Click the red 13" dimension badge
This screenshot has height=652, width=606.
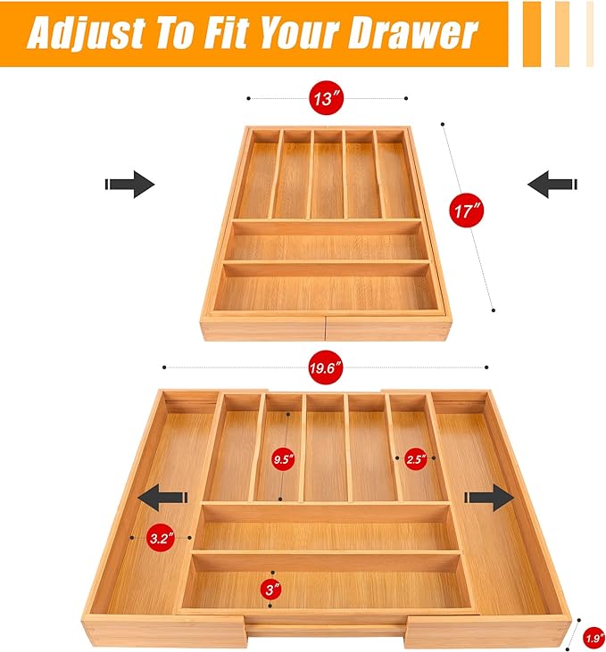click(x=326, y=98)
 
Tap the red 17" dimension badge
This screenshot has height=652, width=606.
click(x=467, y=210)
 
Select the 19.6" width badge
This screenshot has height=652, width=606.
click(x=326, y=367)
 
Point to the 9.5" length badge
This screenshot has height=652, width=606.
click(x=283, y=459)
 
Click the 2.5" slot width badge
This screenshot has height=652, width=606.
click(x=416, y=458)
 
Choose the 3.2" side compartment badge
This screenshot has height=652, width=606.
click(x=161, y=538)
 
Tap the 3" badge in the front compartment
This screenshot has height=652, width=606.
click(x=272, y=589)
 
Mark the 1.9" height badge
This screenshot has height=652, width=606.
click(x=594, y=639)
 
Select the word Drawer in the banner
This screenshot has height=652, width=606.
click(x=413, y=33)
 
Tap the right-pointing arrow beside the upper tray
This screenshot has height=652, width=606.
click(x=130, y=185)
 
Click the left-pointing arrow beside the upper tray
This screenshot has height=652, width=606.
click(x=552, y=185)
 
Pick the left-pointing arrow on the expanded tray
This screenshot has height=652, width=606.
click(x=162, y=498)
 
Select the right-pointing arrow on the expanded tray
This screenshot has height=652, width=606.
click(x=489, y=498)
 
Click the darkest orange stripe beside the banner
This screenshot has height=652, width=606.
click(x=532, y=34)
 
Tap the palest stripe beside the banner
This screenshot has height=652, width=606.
click(x=590, y=34)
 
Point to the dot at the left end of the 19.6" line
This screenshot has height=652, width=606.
click(x=164, y=367)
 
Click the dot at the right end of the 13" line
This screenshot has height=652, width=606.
click(x=406, y=98)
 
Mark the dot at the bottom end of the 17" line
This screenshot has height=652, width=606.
click(x=494, y=310)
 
